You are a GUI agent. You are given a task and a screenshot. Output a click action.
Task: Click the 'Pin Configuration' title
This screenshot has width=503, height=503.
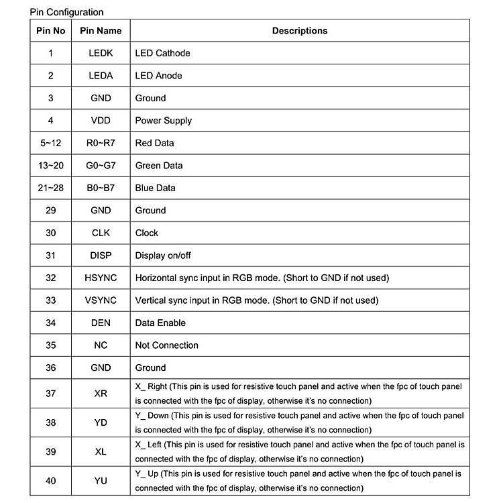(x=66, y=12)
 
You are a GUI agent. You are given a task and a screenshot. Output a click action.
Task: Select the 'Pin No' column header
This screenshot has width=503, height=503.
(x=50, y=31)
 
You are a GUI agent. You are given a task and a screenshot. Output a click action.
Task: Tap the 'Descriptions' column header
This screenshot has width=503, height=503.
(x=299, y=31)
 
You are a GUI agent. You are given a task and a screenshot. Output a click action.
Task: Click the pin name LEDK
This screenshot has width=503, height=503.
(x=101, y=53)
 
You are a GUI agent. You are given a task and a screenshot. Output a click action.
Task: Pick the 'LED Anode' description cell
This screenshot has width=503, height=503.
(x=158, y=76)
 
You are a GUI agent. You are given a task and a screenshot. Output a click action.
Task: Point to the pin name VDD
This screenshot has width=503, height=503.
(x=101, y=121)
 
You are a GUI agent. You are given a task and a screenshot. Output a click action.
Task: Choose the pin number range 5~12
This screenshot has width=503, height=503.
(x=50, y=143)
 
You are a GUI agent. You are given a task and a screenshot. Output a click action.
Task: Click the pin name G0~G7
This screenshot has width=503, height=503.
(x=101, y=166)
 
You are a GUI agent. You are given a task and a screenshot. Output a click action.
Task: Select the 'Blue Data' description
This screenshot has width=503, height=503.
(x=155, y=188)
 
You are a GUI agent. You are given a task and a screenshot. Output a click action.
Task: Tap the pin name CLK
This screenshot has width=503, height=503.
(x=101, y=233)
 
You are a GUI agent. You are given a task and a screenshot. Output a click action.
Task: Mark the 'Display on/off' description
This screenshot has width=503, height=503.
(x=163, y=256)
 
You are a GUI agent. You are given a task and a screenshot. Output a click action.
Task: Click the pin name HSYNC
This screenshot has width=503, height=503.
(x=101, y=278)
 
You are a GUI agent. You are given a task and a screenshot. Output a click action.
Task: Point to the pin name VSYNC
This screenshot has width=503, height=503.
(x=101, y=300)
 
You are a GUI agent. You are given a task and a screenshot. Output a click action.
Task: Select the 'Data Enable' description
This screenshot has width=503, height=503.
(x=160, y=323)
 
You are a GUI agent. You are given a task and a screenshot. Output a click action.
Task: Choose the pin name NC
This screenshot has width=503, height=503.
(x=101, y=345)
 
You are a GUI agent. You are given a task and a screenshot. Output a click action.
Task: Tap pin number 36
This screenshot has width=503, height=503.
(x=50, y=368)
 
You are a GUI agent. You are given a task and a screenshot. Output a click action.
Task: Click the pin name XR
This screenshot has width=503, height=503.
(x=101, y=394)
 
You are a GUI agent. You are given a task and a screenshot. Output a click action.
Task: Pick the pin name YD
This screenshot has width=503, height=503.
(x=101, y=423)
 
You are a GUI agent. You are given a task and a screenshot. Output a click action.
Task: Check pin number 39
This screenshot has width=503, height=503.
(x=50, y=452)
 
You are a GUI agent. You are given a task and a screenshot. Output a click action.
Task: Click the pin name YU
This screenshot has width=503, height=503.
(x=101, y=481)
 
